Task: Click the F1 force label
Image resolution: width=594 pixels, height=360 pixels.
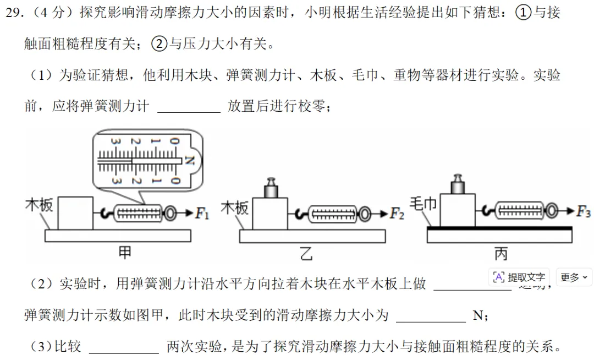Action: [202, 213]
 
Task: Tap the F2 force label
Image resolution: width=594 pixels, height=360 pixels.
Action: [397, 214]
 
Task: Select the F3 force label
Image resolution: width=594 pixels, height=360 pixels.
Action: [584, 211]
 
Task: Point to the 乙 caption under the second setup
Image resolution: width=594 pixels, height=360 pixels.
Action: [306, 253]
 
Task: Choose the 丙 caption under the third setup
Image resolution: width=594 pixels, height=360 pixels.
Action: [501, 253]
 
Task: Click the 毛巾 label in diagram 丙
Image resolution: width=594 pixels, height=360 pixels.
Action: [424, 204]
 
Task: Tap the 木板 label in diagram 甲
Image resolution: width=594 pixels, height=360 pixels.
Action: [39, 205]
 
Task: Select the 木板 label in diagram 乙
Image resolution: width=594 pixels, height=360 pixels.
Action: [234, 208]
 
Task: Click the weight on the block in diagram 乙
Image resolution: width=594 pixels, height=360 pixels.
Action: [270, 189]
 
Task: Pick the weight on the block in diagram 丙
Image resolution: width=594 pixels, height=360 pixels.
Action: [457, 185]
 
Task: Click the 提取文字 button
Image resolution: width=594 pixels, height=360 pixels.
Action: [519, 277]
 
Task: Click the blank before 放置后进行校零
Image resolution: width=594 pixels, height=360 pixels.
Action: [189, 106]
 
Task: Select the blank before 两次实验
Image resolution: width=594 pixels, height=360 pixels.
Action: [124, 347]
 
